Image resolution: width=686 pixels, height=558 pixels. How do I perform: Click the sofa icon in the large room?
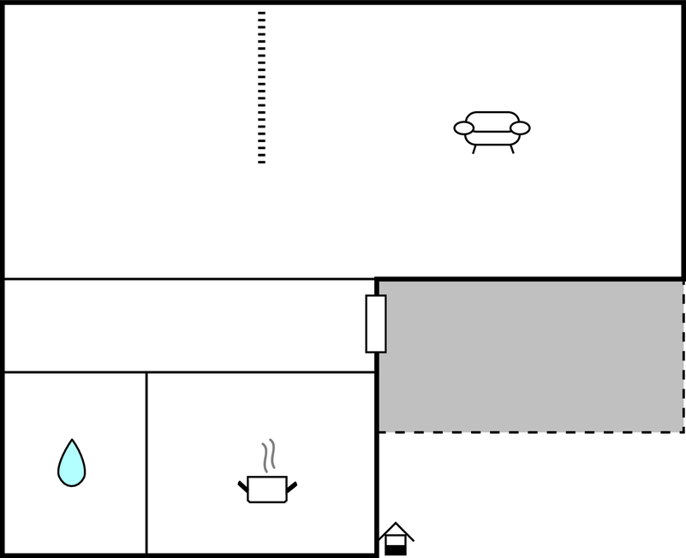pos(492,129)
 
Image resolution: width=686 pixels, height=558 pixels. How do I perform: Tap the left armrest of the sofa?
pos(464,128)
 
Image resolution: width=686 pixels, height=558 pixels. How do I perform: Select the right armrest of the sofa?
pos(520,128)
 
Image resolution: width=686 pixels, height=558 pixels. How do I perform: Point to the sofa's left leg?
pos(474,149)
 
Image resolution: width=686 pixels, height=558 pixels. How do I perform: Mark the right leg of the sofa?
pos(511,149)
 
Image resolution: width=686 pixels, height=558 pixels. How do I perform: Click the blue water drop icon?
pos(71,465)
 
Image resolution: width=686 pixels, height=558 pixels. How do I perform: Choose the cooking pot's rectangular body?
pos(266,490)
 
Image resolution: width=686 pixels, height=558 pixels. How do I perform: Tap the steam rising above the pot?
pos(269,455)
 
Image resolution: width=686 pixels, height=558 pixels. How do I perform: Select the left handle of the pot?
pos(243,487)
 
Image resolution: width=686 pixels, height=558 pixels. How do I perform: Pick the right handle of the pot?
pos(291,487)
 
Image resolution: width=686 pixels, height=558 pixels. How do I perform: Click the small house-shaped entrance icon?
pos(396,538)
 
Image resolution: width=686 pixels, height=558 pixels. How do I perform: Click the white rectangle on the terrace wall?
pos(376,324)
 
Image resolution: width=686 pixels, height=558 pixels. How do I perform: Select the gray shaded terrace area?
pos(531,355)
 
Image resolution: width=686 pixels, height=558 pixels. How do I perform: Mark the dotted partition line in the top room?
pos(261,86)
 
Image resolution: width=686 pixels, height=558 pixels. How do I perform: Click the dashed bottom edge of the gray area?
pos(531,432)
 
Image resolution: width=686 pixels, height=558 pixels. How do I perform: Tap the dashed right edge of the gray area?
pos(683,355)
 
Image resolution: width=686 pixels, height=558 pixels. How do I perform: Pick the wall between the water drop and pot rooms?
pos(146,462)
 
